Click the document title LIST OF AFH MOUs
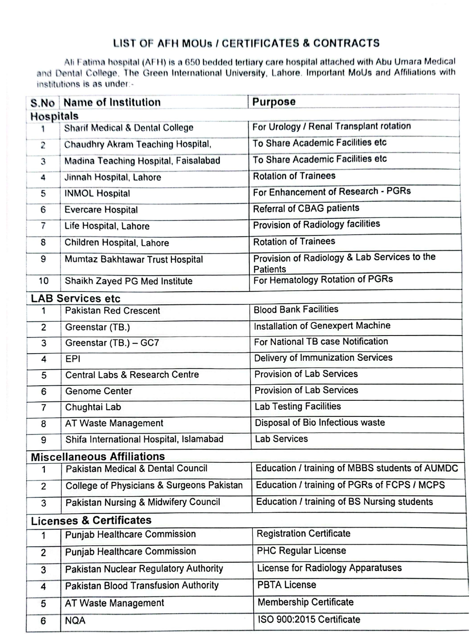[x=246, y=43]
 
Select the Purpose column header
[x=274, y=102]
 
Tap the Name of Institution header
[x=112, y=102]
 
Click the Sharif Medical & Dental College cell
[x=129, y=128]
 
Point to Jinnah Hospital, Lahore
[x=113, y=178]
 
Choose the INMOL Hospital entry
[x=97, y=194]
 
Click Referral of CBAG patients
[x=306, y=209]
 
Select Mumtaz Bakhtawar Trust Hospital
[x=133, y=259]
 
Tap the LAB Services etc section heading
[x=75, y=298]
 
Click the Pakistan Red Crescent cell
[x=113, y=311]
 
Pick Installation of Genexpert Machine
[x=322, y=326]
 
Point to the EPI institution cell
[x=73, y=359]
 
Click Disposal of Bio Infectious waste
[x=320, y=423]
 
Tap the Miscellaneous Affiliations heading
[x=97, y=457]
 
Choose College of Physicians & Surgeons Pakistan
[x=154, y=485]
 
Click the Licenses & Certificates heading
[x=91, y=520]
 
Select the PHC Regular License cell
[x=301, y=551]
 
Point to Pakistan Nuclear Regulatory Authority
[x=144, y=569]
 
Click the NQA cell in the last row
[x=75, y=620]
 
